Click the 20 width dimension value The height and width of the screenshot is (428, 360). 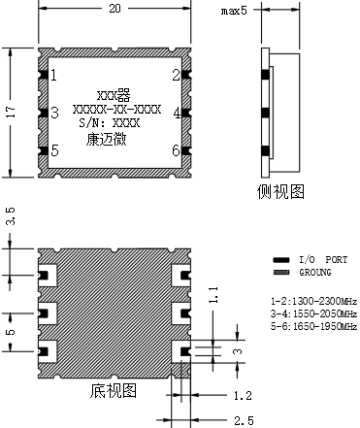pyautogui.click(x=115, y=8)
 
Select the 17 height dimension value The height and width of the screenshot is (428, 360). pyautogui.click(x=11, y=112)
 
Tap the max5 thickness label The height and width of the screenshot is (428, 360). pyautogui.click(x=234, y=11)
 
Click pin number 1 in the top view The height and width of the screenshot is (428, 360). pyautogui.click(x=53, y=75)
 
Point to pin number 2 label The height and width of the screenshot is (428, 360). pyautogui.click(x=176, y=75)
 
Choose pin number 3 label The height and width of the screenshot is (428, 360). pyautogui.click(x=55, y=113)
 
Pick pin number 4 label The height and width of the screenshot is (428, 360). pyautogui.click(x=177, y=113)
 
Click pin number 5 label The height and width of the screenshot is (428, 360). pyautogui.click(x=55, y=150)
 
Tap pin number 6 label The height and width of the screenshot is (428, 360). pyautogui.click(x=177, y=150)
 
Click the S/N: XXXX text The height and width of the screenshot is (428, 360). pyautogui.click(x=110, y=123)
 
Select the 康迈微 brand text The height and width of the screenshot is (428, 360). pyautogui.click(x=106, y=140)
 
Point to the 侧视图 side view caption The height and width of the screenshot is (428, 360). pyautogui.click(x=280, y=191)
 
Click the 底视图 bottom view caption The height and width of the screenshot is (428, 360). pyautogui.click(x=114, y=391)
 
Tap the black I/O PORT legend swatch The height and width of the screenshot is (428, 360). pyautogui.click(x=281, y=260)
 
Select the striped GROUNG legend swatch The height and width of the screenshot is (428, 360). pyautogui.click(x=281, y=273)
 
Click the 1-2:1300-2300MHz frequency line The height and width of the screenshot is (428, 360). pyautogui.click(x=313, y=302)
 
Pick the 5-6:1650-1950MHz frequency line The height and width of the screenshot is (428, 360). pyautogui.click(x=313, y=326)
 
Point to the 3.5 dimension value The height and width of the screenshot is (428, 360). pyautogui.click(x=11, y=216)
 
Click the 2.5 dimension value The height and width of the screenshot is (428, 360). pyautogui.click(x=244, y=420)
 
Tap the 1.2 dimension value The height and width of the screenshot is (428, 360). pyautogui.click(x=243, y=395)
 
